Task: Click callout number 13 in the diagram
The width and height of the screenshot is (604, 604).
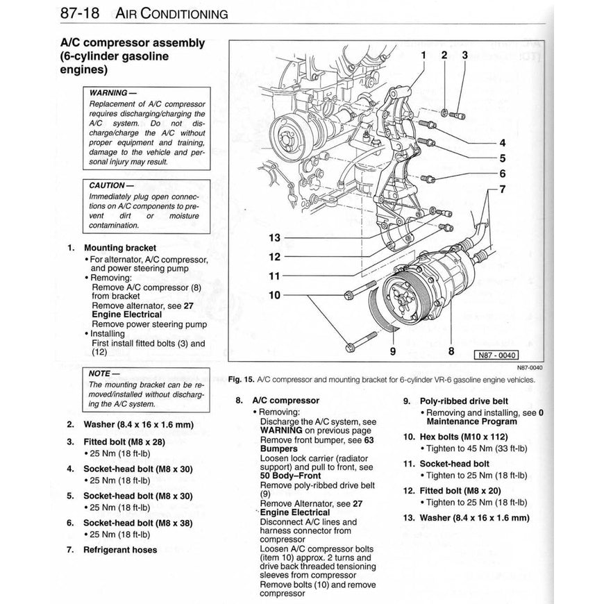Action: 275,237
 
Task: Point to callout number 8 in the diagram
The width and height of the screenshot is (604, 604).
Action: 451,351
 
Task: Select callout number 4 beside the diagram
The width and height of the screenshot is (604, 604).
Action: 503,143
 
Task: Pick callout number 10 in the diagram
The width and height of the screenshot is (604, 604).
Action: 275,295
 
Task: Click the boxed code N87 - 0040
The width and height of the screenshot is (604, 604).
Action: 497,355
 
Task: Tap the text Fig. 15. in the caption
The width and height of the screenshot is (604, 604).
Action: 240,380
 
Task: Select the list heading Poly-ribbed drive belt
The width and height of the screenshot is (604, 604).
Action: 464,401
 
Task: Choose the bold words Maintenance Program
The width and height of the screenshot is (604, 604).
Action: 472,421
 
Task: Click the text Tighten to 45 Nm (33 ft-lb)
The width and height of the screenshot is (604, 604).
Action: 477,448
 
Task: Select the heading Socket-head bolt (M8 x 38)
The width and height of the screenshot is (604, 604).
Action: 137,523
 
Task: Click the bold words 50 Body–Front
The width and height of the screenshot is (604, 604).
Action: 290,476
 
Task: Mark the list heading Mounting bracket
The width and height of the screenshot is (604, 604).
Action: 120,248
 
